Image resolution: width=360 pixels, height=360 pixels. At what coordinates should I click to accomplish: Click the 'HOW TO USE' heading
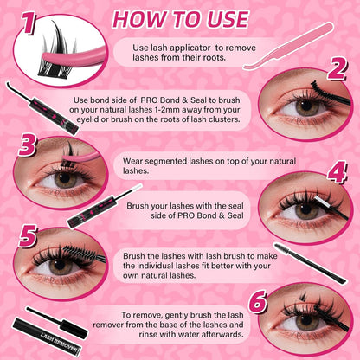point(180,18)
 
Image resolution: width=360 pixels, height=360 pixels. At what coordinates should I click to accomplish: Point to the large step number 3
point(26,145)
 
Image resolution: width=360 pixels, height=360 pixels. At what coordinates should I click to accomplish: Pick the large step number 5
point(27,236)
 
